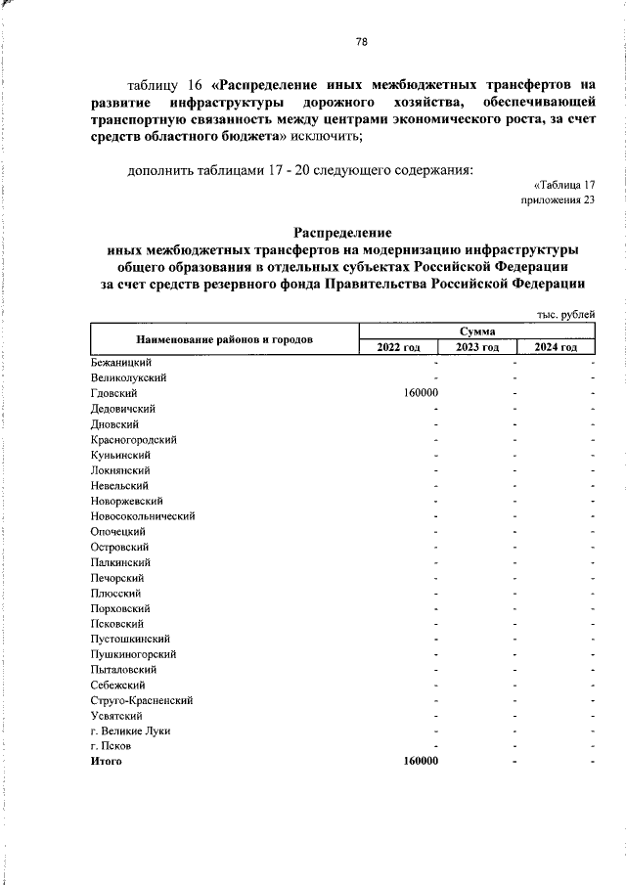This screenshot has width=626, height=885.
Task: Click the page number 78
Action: tap(361, 42)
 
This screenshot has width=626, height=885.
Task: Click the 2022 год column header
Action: tap(398, 348)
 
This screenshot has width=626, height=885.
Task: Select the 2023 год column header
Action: tap(477, 348)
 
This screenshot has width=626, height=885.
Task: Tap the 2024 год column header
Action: tap(556, 348)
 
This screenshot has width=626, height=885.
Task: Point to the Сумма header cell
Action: tap(476, 332)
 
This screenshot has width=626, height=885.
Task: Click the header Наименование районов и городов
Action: tap(225, 340)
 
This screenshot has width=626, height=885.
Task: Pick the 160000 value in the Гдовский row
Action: tap(421, 393)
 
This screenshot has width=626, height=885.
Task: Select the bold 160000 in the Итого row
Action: tap(421, 761)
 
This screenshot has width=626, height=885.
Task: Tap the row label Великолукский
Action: tap(127, 377)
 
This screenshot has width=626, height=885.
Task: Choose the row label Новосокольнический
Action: tap(143, 515)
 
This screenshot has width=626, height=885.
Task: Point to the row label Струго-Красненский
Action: tap(141, 700)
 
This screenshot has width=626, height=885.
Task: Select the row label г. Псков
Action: tap(110, 746)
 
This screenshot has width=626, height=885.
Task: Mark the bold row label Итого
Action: tap(106, 761)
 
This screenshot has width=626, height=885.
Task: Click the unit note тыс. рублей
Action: tap(565, 314)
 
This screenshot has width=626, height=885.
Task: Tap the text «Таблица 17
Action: tap(564, 185)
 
